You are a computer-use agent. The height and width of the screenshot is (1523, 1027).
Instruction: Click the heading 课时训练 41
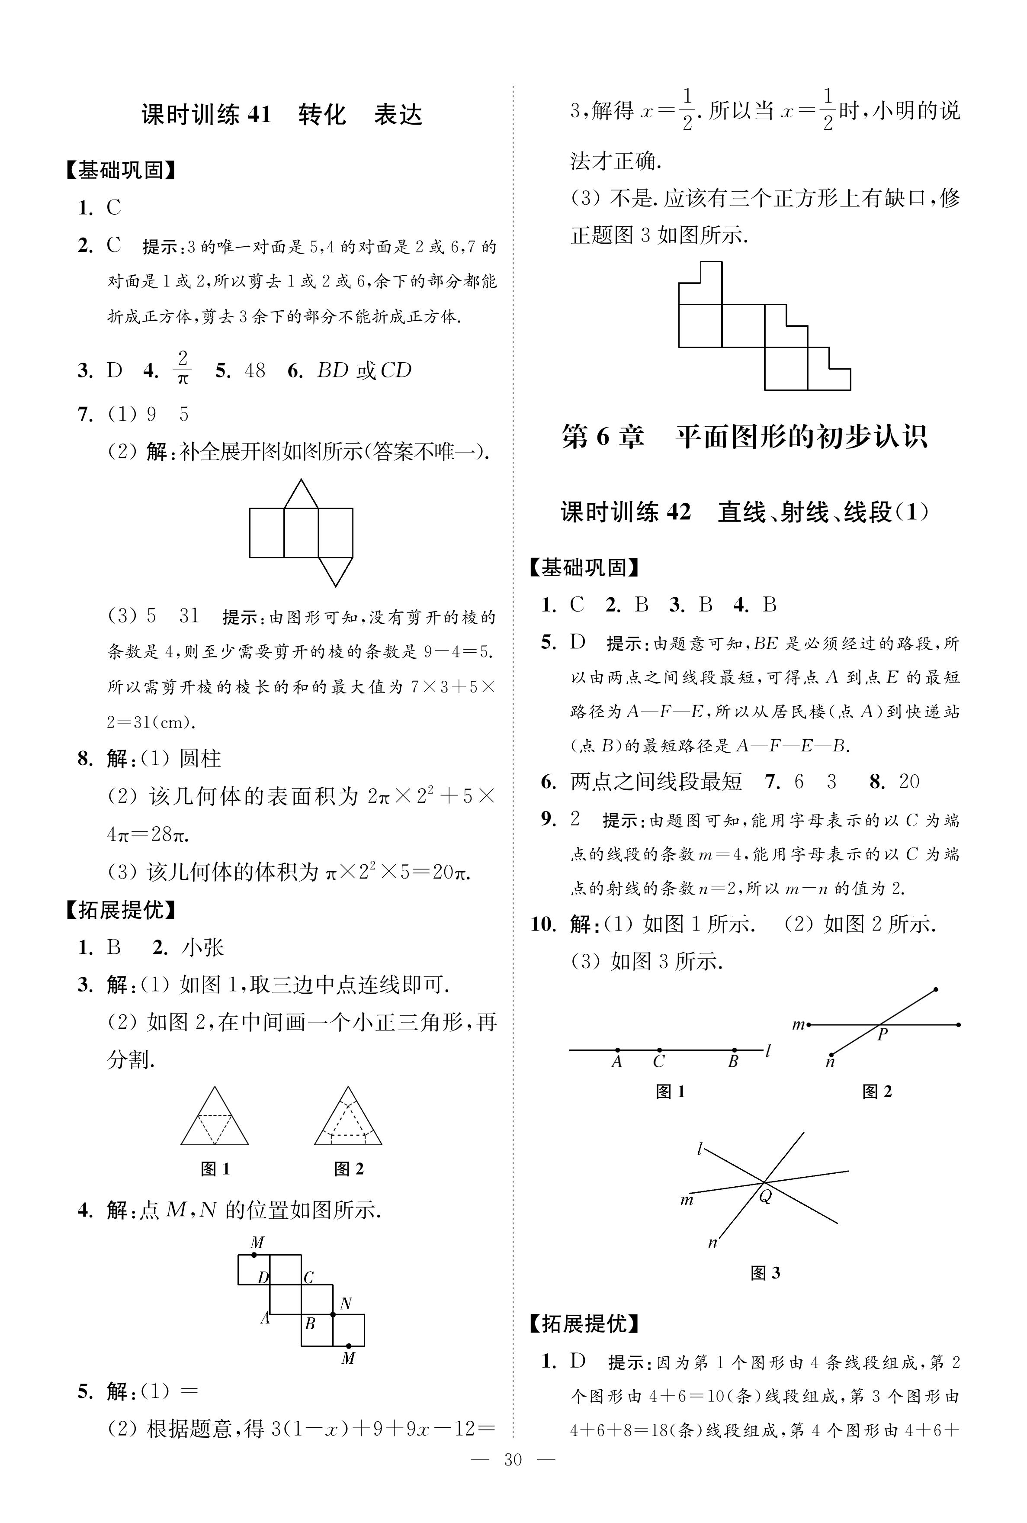point(206,115)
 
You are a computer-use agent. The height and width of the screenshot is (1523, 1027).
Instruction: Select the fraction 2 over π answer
point(183,368)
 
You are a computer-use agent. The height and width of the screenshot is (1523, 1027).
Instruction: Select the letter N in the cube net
point(346,1304)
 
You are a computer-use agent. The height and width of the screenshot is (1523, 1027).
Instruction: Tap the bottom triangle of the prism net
point(335,570)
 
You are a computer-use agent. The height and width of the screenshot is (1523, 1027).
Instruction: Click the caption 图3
point(765,1273)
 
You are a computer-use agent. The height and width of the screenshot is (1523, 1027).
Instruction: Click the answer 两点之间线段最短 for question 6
point(656,782)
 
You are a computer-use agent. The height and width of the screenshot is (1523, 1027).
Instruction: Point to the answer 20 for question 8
point(909,782)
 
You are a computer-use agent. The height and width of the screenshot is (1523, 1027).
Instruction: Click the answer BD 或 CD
point(364,371)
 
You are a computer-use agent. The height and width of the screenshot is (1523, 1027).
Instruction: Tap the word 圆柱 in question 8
point(200,759)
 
